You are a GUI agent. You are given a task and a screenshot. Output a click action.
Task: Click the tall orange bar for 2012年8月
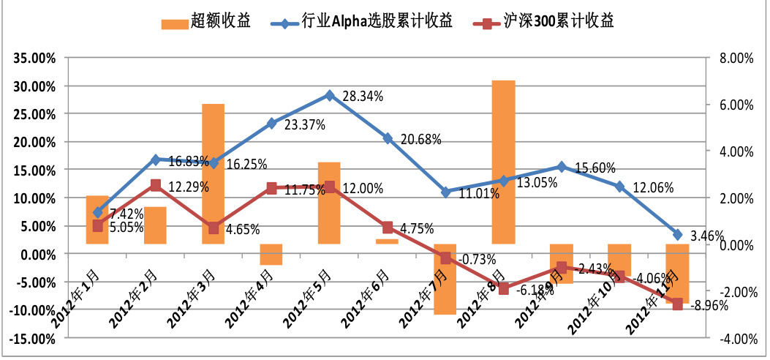click(503, 161)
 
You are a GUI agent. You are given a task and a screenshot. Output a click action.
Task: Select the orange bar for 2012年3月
click(213, 173)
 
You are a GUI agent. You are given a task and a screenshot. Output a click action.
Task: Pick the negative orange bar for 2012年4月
click(271, 254)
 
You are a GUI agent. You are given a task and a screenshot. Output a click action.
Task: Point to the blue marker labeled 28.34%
click(329, 95)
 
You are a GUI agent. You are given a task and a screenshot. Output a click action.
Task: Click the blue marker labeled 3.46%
click(677, 235)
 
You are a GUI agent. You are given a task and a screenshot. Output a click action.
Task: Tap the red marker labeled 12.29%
click(155, 185)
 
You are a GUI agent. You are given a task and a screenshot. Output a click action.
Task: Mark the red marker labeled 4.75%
click(388, 228)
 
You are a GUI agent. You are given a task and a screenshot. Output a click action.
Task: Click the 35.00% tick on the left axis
click(31, 59)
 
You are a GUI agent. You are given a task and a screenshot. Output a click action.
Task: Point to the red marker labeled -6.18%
click(503, 288)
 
